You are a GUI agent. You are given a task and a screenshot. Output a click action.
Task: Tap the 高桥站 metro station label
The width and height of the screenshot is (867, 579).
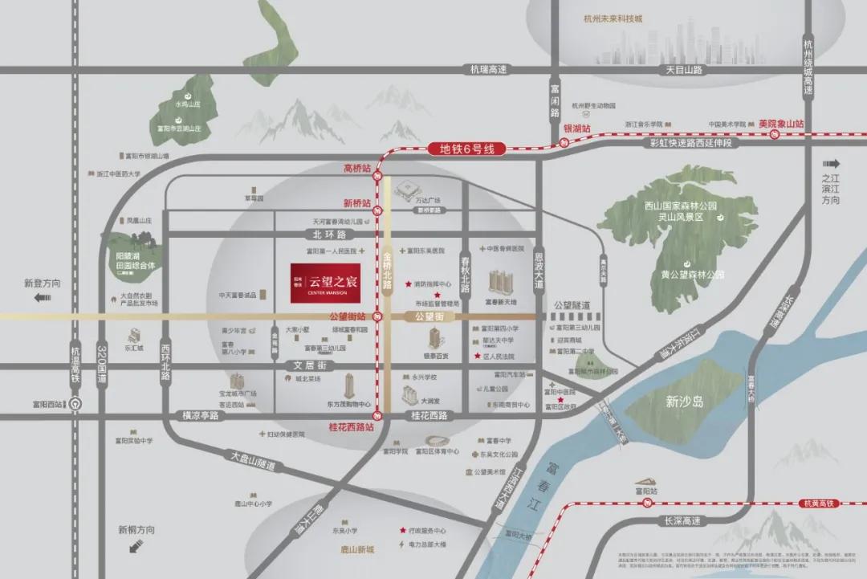[357, 169]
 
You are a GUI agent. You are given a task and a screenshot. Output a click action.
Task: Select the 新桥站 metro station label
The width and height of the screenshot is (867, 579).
[357, 203]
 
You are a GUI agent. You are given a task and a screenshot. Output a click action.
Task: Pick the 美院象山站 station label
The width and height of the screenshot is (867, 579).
[780, 124]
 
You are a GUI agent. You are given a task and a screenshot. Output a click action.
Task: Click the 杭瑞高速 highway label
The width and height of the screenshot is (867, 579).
[488, 70]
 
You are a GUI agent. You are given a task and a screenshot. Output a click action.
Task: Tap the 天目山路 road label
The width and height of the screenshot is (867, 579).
[684, 70]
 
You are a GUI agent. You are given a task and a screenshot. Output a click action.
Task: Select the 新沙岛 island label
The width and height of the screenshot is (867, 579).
[684, 402]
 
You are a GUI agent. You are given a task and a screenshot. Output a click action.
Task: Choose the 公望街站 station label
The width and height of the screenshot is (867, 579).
[347, 316]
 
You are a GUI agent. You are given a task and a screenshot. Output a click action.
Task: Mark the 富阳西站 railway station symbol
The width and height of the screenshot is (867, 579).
[74, 404]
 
